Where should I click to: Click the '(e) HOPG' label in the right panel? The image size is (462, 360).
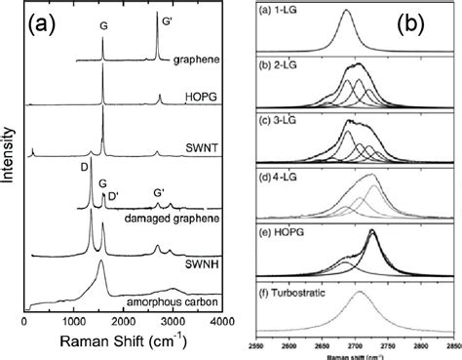coord(277,227)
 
